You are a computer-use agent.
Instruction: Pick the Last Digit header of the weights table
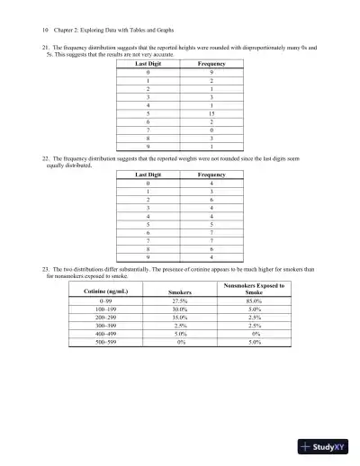pyautogui.click(x=149, y=175)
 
